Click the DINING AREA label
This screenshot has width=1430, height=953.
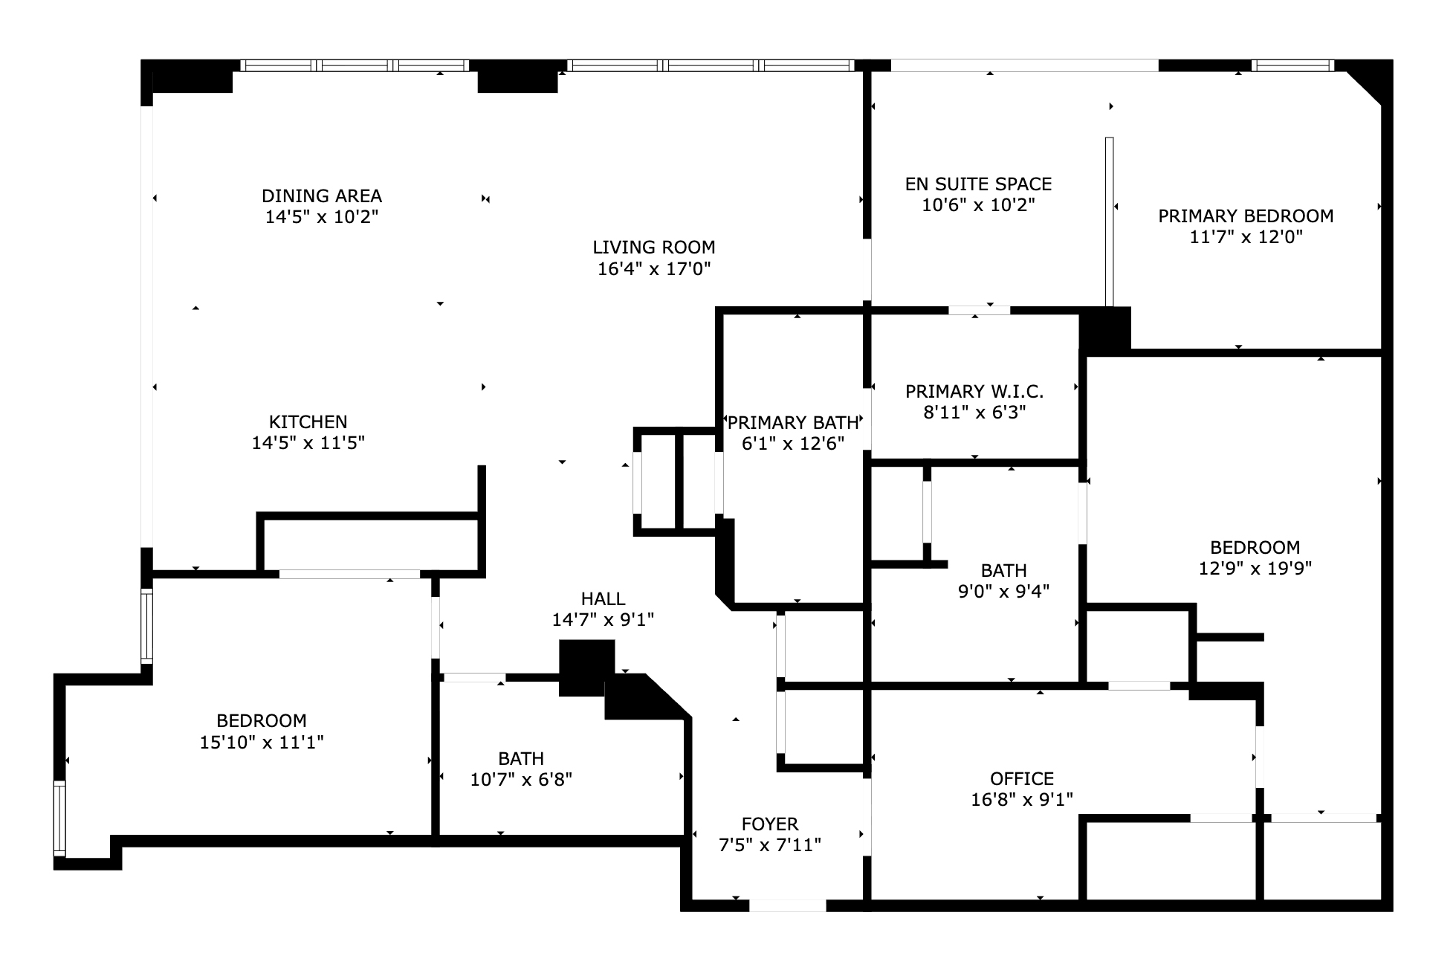pos(321,196)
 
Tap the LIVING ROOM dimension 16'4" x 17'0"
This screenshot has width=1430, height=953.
pos(654,269)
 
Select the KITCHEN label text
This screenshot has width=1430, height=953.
pos(308,422)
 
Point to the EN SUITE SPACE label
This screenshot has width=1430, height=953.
pos(978,184)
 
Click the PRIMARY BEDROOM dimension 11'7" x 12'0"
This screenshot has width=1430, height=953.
pos(1246,237)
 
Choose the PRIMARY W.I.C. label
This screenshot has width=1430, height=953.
pos(974,391)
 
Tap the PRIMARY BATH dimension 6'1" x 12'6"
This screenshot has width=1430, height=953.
pos(793,444)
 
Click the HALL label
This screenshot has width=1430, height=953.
pos(603,598)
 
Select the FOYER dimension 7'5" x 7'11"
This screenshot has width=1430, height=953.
pos(769,845)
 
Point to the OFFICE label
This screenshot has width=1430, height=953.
pos(1021,778)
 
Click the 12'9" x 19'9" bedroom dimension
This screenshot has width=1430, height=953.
pos(1255,569)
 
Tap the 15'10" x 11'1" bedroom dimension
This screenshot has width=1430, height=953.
pos(262,742)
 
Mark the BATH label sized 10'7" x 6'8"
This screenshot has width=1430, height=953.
pos(521,759)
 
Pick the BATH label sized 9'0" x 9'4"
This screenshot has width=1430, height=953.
pos(1003,571)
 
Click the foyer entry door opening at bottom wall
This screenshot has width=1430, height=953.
pos(787,905)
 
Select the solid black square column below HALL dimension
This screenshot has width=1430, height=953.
pos(586,667)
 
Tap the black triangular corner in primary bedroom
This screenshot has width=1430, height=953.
pos(1369,80)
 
